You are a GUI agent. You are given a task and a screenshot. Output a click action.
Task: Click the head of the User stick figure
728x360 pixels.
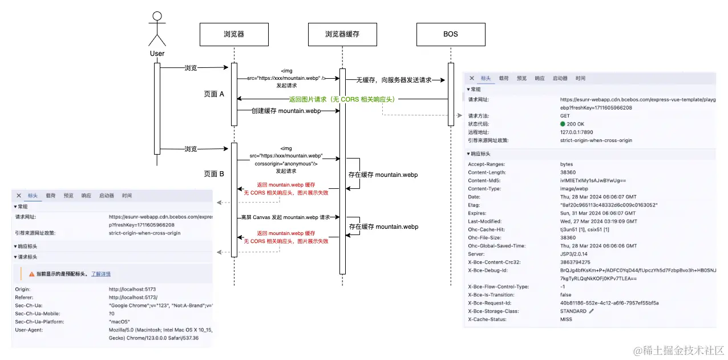pos(157,16)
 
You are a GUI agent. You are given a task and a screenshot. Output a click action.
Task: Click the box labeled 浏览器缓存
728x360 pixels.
pos(342,34)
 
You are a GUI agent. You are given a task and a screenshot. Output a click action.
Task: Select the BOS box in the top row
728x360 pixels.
pos(450,34)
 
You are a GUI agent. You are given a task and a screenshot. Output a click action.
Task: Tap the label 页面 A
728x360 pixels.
pos(214,94)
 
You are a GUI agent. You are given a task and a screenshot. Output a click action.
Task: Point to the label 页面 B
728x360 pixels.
pos(214,173)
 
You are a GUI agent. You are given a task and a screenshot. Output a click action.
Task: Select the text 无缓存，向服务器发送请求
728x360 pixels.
pos(394,80)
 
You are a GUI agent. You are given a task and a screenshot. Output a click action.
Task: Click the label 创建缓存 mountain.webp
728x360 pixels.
pos(286,111)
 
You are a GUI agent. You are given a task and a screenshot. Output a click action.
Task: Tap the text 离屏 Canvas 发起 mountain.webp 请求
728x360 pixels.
pos(285,217)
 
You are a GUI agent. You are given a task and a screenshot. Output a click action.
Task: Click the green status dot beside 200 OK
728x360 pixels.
pos(563,124)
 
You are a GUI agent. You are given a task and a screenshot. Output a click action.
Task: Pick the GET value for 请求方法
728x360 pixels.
pos(565,116)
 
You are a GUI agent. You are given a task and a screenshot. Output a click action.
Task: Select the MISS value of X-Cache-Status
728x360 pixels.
pos(567,319)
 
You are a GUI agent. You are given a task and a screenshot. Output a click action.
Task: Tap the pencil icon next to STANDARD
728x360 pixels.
pos(592,312)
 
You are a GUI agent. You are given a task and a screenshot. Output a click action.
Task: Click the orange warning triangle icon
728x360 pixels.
pos(32,274)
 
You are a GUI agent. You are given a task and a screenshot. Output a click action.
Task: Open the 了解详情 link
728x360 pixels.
pos(101,274)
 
